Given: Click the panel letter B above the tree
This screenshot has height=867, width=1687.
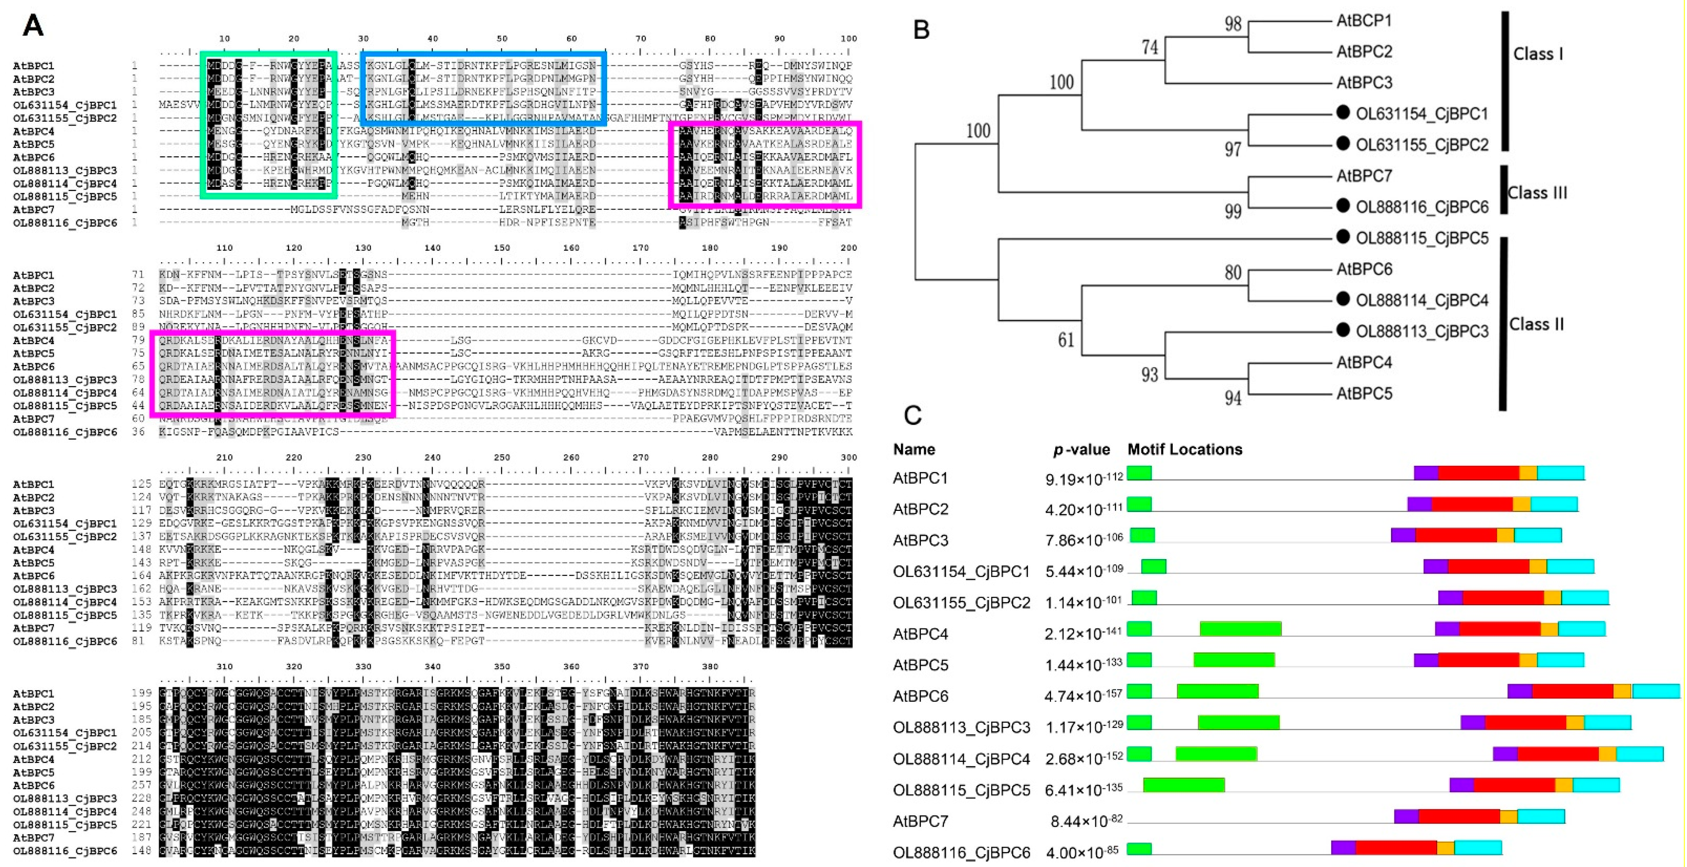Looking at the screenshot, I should pos(921,30).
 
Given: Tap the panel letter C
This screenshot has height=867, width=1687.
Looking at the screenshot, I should pos(912,415).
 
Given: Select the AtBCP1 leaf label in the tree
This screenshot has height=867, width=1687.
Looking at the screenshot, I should pos(1364,21).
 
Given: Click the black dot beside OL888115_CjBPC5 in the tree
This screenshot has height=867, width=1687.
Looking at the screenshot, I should pos(1342,237).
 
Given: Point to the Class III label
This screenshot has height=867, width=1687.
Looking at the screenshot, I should pos(1537,192).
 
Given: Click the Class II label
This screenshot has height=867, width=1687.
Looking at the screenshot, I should pos(1536,324).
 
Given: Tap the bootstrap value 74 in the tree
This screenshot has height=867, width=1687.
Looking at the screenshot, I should pos(1149,47).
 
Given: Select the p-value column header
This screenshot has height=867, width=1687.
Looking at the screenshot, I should pos(1081,449).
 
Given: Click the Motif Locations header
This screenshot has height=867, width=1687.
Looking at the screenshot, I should pos(1185,449).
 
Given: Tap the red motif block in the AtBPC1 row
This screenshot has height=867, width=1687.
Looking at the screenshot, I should pos(1478,473).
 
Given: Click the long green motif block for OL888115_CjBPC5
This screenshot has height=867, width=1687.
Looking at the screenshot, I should pos(1183,785).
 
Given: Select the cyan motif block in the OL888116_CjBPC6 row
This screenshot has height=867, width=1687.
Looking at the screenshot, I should pos(1478,847).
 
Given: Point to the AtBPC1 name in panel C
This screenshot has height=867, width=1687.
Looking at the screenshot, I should pos(920,478).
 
